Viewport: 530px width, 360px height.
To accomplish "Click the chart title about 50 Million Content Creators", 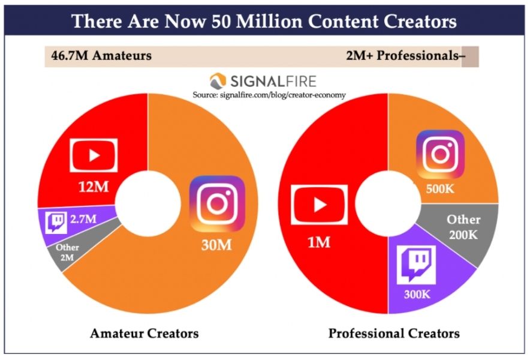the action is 264,21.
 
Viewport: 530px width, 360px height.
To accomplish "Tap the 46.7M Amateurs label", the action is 101,55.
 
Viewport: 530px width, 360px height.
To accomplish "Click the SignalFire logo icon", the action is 218,81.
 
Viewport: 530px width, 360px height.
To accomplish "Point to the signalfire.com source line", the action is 269,95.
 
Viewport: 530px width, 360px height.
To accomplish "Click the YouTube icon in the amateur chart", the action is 94,155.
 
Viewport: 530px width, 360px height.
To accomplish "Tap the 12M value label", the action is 94,187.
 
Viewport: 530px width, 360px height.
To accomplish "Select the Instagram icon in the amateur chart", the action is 218,203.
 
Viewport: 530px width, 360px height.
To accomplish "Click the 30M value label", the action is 216,245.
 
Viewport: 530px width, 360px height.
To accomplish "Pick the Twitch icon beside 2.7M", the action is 56,223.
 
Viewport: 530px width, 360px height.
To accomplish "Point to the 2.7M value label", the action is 83,219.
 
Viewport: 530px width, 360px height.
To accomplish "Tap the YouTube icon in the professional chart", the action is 319,205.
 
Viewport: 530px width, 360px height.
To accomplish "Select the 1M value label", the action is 319,242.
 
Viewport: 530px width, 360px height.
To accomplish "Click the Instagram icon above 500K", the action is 440,154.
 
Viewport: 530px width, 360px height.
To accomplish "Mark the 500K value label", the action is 439,189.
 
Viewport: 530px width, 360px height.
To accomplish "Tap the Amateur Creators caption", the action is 144,334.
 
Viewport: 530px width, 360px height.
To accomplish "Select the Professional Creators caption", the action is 394,334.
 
